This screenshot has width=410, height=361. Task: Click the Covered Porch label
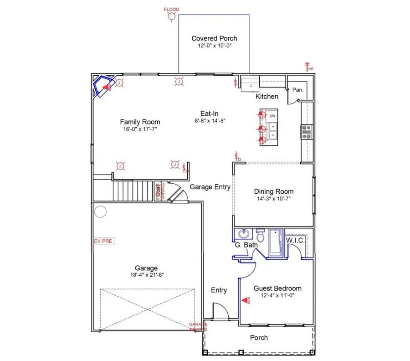(x=214, y=39)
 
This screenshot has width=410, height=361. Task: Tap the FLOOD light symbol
(x=172, y=16)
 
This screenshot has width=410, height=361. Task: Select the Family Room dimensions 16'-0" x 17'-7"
(x=140, y=129)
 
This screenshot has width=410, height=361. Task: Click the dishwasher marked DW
(x=272, y=116)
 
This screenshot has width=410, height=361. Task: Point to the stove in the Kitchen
(x=306, y=132)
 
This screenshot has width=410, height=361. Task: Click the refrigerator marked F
(x=250, y=84)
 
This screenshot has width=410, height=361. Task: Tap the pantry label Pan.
(x=298, y=90)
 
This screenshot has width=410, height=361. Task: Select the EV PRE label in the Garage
(x=104, y=241)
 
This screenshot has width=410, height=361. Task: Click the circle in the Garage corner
(x=100, y=211)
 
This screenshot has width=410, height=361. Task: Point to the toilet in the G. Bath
(x=261, y=236)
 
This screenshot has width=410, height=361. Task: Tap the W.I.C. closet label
(x=295, y=240)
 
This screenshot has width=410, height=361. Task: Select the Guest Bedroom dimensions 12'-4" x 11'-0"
(x=277, y=296)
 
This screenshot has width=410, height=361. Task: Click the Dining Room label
(x=273, y=191)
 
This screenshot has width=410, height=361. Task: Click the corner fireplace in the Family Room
(x=103, y=86)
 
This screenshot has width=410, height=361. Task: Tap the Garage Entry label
(x=210, y=187)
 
